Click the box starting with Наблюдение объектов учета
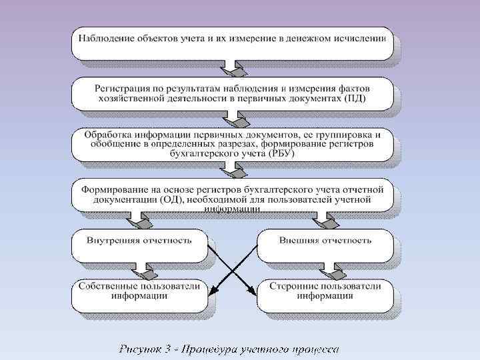[232, 38]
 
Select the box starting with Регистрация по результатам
[232, 93]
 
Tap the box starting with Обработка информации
[232, 144]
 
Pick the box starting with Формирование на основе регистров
[232, 195]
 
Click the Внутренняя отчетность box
[139, 245]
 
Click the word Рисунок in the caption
[141, 349]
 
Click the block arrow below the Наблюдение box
[233, 69]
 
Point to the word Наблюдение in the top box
[105, 37]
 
